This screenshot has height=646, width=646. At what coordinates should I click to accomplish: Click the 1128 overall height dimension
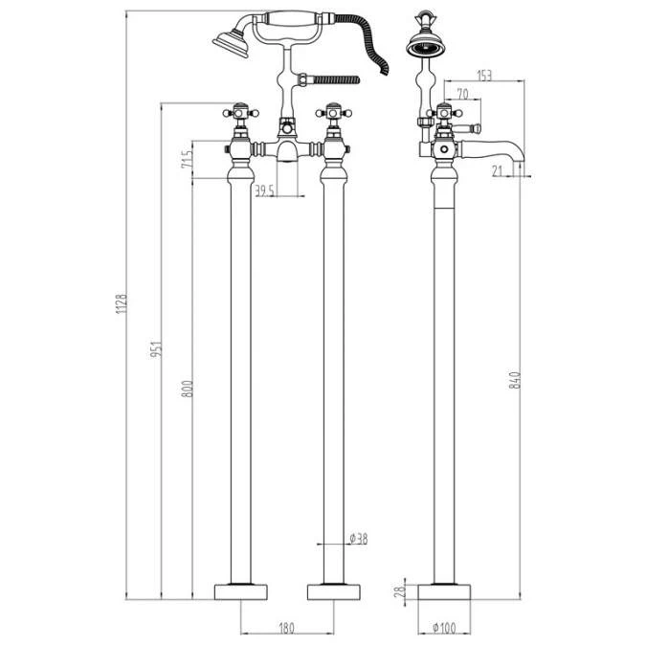[x=122, y=304]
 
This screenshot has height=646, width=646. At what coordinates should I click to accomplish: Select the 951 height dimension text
[x=158, y=351]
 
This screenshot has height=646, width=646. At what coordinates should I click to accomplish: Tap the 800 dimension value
[x=188, y=389]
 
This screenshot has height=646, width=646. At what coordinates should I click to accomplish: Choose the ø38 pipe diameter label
[x=358, y=540]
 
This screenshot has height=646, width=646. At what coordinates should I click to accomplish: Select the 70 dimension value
[x=462, y=94]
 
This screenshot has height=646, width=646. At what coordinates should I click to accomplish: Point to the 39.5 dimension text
[x=265, y=189]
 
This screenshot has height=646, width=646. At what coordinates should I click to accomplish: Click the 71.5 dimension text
[x=188, y=155]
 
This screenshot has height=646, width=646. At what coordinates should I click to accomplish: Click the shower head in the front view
[x=230, y=41]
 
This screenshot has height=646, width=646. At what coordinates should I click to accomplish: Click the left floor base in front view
[x=239, y=590]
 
